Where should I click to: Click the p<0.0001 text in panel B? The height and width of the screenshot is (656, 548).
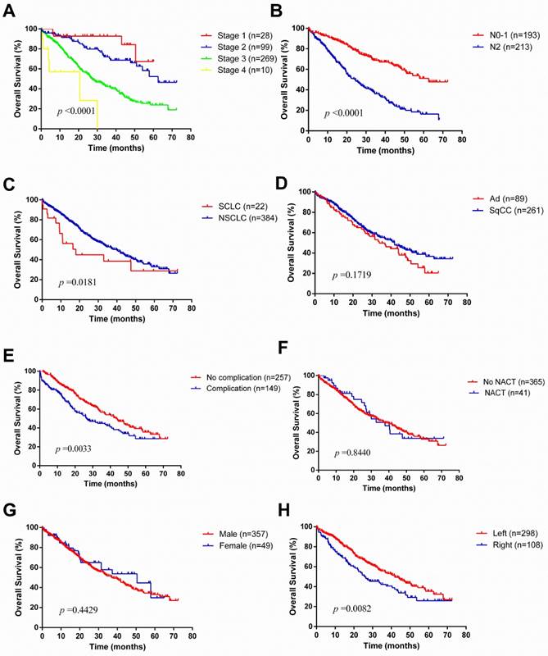(x=346, y=111)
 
